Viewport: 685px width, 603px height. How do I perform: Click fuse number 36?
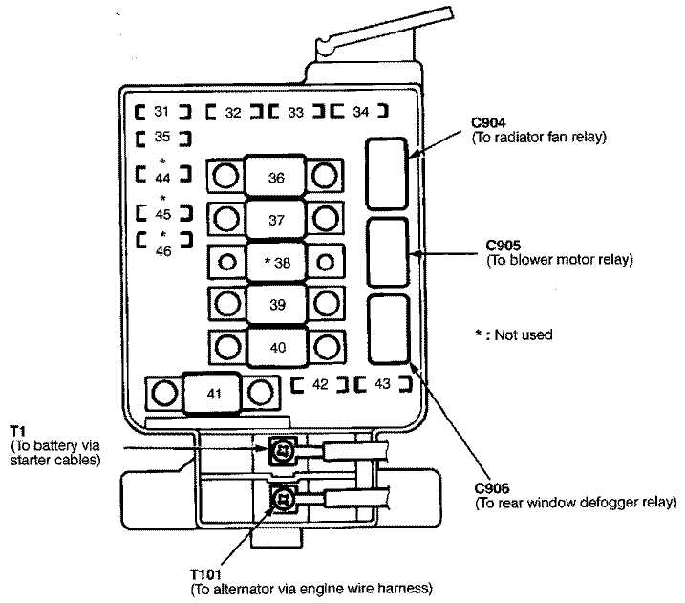276,178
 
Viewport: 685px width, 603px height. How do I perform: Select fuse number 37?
276,219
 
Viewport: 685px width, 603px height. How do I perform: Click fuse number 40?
276,346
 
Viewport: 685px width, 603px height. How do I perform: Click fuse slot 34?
359,112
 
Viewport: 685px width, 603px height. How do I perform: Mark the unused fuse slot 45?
163,211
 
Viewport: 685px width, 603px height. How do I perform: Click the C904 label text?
489,123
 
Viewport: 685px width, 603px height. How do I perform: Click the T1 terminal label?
16,431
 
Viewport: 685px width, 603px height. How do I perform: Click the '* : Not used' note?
514,334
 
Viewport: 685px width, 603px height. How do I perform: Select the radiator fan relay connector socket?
388,172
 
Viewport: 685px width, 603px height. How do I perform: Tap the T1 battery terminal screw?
282,451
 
